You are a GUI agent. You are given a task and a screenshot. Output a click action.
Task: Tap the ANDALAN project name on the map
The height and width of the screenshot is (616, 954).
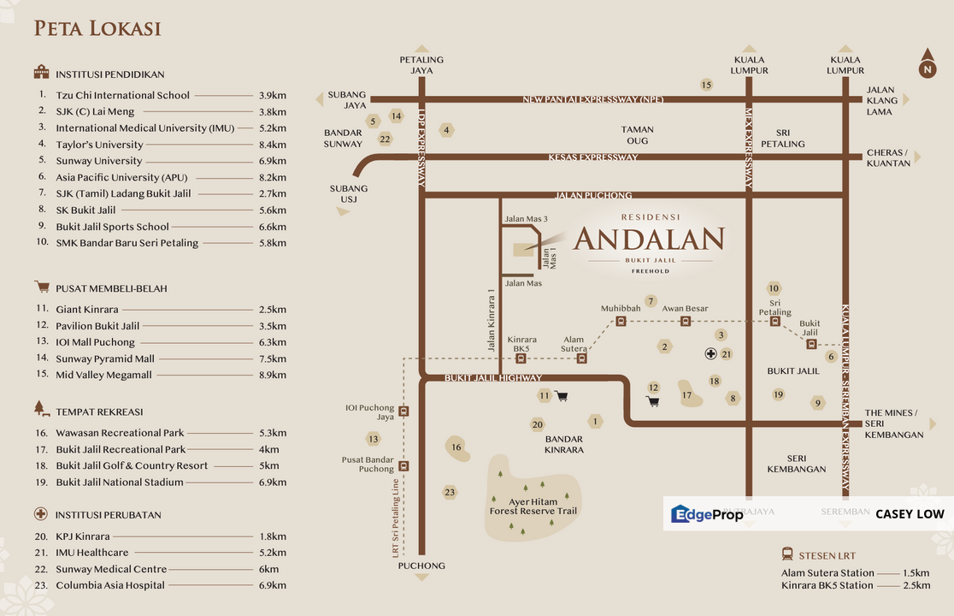[649, 239]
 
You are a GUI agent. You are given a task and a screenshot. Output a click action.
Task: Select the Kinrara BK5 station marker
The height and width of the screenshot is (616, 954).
[521, 358]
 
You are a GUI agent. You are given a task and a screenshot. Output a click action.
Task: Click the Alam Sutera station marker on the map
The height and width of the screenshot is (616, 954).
[582, 358]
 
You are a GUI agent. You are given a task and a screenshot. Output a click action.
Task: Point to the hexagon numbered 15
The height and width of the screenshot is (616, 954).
[706, 85]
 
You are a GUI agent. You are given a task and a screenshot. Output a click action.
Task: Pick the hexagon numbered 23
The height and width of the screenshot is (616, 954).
[450, 492]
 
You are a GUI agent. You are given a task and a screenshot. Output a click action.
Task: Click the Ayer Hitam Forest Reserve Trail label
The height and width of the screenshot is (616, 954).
[533, 506]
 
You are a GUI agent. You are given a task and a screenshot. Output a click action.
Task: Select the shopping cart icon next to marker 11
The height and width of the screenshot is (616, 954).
[562, 395]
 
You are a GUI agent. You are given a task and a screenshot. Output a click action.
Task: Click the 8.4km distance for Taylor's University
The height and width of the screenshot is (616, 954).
[272, 145]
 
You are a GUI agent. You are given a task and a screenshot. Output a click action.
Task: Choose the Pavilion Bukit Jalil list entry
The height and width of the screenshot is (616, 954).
[97, 326]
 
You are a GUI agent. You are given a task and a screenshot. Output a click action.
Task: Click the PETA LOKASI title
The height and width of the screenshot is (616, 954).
[97, 29]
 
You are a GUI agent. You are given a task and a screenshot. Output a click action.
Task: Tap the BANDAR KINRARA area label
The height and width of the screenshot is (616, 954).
[563, 444]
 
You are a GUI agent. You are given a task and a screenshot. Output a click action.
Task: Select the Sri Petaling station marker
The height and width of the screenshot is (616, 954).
[775, 322]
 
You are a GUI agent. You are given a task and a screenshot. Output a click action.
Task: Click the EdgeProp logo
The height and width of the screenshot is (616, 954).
[707, 514]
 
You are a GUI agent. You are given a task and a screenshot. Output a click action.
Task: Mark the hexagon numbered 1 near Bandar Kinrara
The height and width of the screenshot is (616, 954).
[594, 421]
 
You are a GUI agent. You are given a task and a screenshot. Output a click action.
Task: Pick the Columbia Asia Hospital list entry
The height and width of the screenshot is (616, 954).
[110, 585]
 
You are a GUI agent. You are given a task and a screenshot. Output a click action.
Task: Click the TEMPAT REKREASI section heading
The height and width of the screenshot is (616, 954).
[99, 412]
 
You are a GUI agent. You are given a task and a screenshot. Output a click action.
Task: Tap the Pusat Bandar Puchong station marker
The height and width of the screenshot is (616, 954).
[403, 466]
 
